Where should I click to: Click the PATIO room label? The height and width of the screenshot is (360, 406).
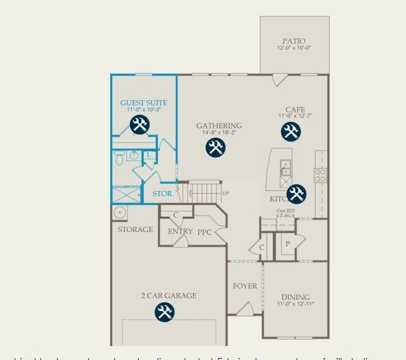click(x=294, y=41)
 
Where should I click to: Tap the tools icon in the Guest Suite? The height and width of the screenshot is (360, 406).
click(x=139, y=124)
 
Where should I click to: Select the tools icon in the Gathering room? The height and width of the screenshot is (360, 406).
click(x=216, y=147)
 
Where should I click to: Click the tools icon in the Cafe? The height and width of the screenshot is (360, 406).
click(x=291, y=131)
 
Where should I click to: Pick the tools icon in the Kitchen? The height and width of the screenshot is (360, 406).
click(x=296, y=194)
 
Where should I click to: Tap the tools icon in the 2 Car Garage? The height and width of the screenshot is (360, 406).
click(x=165, y=312)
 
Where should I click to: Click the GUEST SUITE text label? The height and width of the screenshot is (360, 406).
click(x=143, y=103)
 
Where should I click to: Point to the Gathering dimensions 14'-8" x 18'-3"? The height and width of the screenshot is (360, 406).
click(x=219, y=133)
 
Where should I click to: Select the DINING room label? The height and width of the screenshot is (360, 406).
click(x=295, y=297)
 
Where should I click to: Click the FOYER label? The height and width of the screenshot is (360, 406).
click(x=245, y=286)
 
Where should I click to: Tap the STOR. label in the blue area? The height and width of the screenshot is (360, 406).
click(x=163, y=194)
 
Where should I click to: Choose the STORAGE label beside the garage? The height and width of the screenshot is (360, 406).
click(x=135, y=229)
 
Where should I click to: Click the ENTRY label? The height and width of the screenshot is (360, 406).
click(x=180, y=231)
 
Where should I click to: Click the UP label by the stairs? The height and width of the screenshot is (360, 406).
click(x=226, y=193)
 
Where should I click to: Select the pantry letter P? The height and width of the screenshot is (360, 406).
click(x=287, y=243)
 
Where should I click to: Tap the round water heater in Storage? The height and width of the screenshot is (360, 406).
click(x=121, y=212)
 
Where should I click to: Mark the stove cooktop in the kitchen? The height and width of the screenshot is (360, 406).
click(x=320, y=175)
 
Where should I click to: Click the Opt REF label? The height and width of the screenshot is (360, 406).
click(x=286, y=211)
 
